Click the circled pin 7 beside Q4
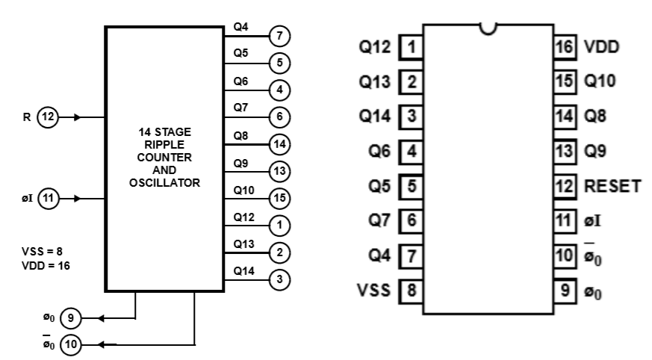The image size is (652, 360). pos(279,36)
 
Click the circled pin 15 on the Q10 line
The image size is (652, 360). pos(279,199)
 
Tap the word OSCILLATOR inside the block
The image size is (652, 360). pos(164,182)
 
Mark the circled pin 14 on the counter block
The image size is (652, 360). pos(279,144)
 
